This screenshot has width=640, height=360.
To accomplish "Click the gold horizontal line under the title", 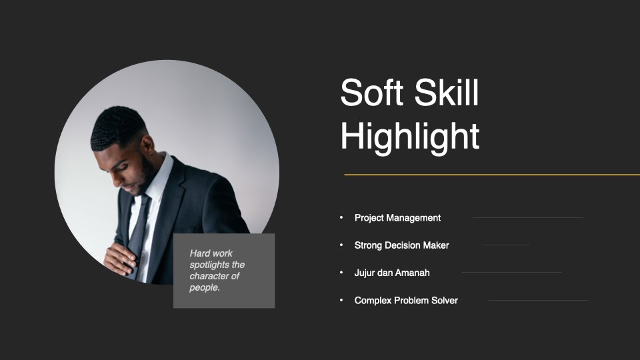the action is pyautogui.click(x=492, y=175).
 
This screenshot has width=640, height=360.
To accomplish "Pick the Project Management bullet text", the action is pyautogui.click(x=397, y=218).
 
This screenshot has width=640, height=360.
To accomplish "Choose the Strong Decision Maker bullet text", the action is pyautogui.click(x=401, y=245).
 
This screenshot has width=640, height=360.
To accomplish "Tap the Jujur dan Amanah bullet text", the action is pyautogui.click(x=392, y=273).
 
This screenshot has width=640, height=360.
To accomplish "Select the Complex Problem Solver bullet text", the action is pyautogui.click(x=406, y=301).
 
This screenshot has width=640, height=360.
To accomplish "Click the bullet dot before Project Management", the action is pyautogui.click(x=341, y=217).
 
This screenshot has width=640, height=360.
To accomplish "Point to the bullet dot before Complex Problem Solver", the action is pyautogui.click(x=341, y=300).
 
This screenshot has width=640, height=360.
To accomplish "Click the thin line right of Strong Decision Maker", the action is pyautogui.click(x=506, y=245).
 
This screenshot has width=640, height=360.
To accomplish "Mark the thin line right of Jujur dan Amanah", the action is pyautogui.click(x=511, y=272).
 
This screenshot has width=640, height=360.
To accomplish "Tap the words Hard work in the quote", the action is pyautogui.click(x=211, y=253).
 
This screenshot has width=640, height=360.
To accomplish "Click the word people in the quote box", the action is pyautogui.click(x=204, y=288).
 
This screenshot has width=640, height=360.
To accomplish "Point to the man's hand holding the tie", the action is pyautogui.click(x=119, y=259).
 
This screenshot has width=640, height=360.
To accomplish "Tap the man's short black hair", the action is pyautogui.click(x=116, y=127).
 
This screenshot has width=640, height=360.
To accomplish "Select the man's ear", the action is pyautogui.click(x=148, y=145).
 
